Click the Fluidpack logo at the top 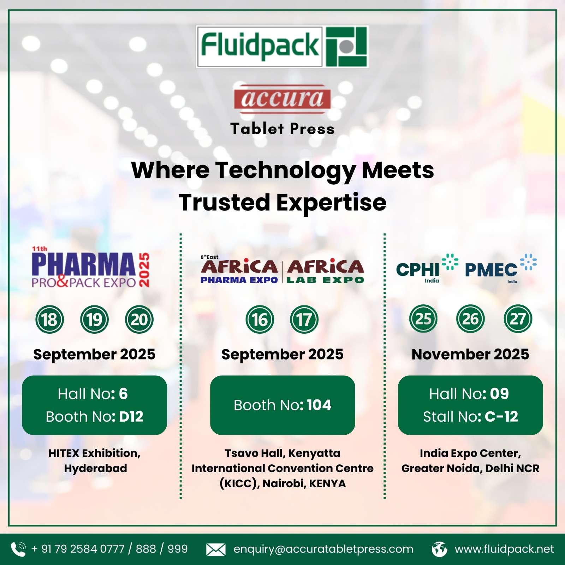point(282,47)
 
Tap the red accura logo point(282,99)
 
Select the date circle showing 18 point(50,320)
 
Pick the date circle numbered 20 point(139,320)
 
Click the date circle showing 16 point(260,320)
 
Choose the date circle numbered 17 point(304,320)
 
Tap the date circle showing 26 point(470,319)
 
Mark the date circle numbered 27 point(518,319)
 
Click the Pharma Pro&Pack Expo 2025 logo point(90,267)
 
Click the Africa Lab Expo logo point(325,271)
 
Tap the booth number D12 point(131,417)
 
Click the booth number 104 point(319,405)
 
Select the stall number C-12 point(501,417)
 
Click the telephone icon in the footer point(18,549)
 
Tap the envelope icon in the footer point(216,549)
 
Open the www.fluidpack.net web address point(504,549)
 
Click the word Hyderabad point(95,469)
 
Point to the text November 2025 point(470,354)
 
